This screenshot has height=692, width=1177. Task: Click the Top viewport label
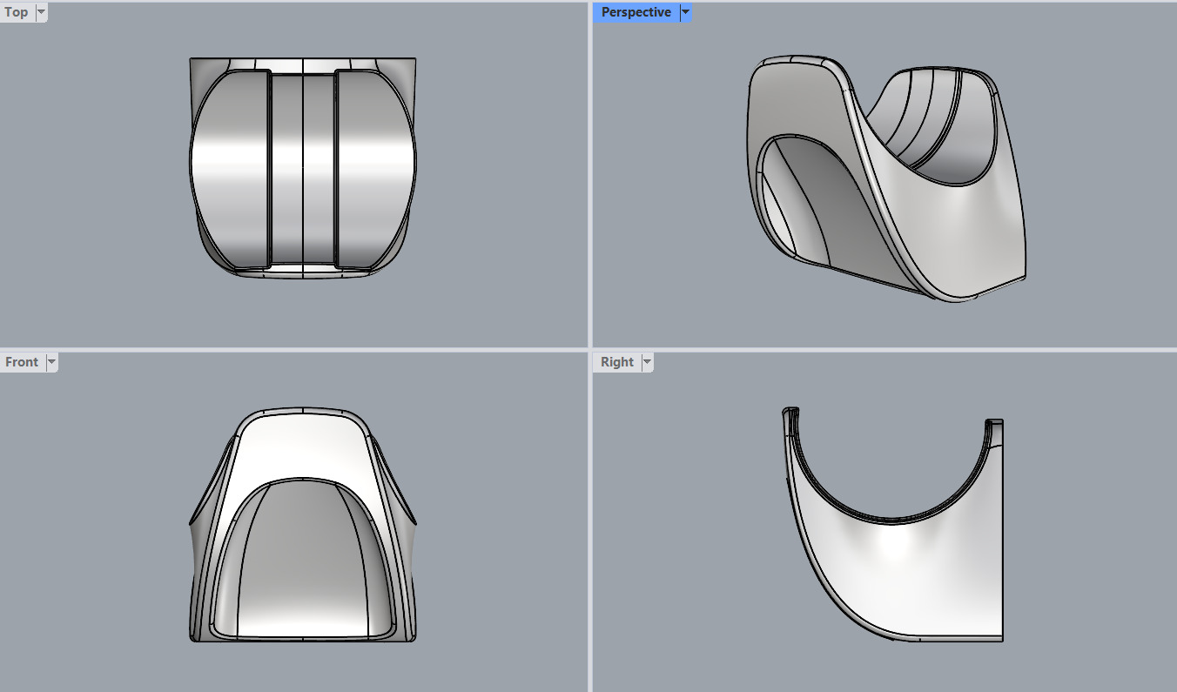click(x=16, y=12)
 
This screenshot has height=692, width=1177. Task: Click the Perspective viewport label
click(x=636, y=12)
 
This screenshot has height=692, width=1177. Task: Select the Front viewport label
click(x=22, y=362)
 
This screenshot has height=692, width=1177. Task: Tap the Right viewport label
click(x=616, y=362)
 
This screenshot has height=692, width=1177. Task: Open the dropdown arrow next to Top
click(x=41, y=12)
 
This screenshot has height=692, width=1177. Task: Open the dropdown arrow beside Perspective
click(x=685, y=12)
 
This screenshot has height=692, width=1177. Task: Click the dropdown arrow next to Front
click(x=51, y=362)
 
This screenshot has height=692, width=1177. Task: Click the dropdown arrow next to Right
click(x=646, y=362)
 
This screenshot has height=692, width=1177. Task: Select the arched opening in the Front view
click(x=302, y=557)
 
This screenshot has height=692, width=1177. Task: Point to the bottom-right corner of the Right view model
click(x=1001, y=640)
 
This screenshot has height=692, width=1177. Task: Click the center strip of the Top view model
click(x=302, y=170)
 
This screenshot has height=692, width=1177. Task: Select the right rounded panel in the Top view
click(x=374, y=170)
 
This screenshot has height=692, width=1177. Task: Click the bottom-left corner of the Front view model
click(x=192, y=639)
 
